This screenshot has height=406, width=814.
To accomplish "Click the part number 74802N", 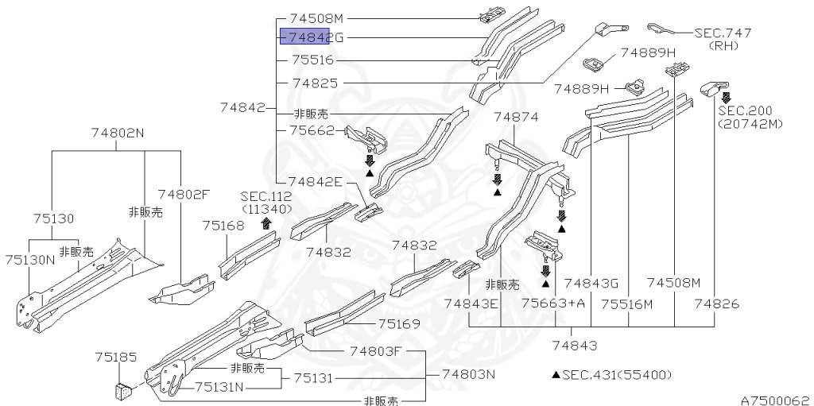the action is tap(117, 133).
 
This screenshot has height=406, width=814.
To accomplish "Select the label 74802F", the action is tap(184, 194).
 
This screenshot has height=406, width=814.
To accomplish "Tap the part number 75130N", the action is tap(29, 259).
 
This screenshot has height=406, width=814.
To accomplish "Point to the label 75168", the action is tap(223, 226).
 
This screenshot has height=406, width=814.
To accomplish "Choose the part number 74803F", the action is tap(377, 350).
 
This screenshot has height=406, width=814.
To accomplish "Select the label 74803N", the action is tap(468, 374).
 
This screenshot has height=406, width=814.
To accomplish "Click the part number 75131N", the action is tap(220, 387).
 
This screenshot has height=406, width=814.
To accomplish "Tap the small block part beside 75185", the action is tap(123, 390).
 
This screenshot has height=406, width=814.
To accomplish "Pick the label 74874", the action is tap(516, 117).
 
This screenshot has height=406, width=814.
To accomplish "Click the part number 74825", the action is tap(315, 83).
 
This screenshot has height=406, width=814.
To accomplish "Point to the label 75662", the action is tap(312, 130).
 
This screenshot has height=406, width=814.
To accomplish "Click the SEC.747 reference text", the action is tap(723, 33).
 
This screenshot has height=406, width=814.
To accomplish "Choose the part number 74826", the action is tap(716, 303).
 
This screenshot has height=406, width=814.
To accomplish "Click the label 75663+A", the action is tap(553, 303).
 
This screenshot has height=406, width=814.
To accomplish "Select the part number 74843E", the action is tap(471, 303).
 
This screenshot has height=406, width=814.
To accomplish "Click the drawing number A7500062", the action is tap(775, 399).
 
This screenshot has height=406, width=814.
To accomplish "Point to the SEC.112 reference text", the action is tap(266, 196).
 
